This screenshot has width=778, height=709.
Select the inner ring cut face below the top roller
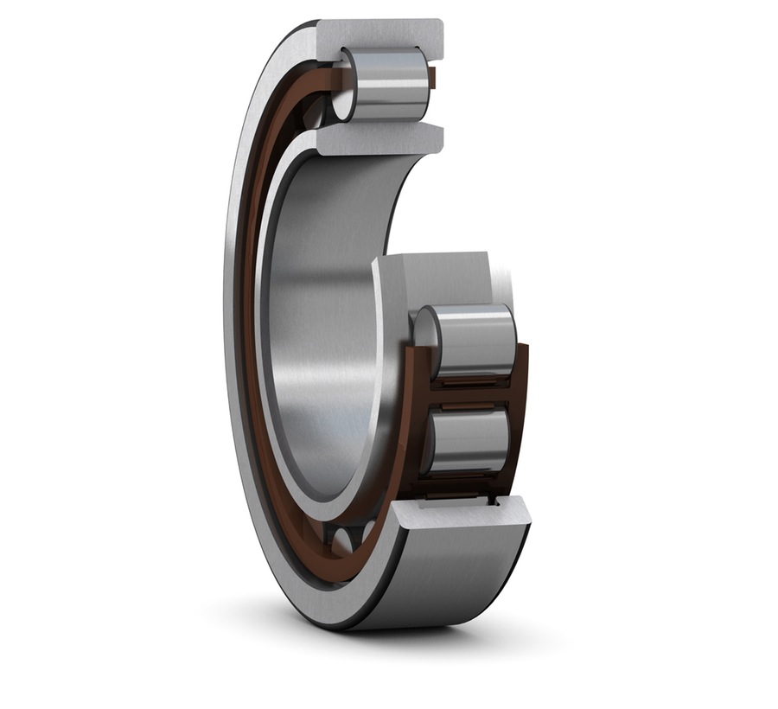pos(380,138)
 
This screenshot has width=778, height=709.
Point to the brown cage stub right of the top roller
pos(435,80)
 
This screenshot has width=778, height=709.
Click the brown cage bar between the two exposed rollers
pos(471,393)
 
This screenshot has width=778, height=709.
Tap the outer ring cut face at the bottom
pos(458,517)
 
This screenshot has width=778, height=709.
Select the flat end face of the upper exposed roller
pos(424,333)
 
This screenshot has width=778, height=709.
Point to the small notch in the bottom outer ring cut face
pos(495,499)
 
